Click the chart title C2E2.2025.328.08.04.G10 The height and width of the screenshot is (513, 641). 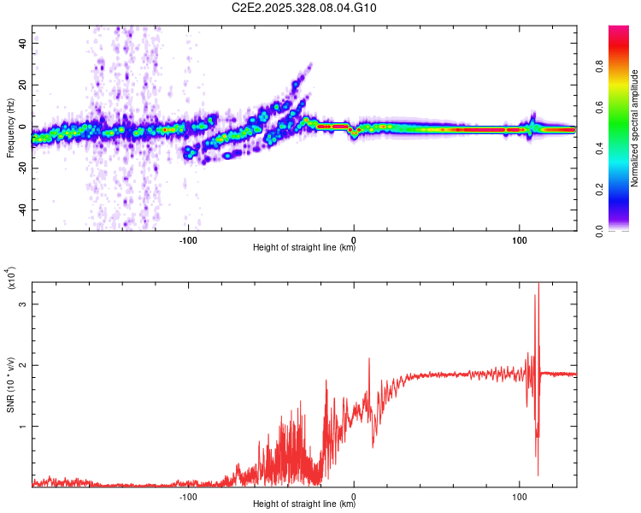pyautogui.click(x=304, y=9)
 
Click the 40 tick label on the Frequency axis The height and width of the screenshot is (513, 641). pyautogui.click(x=23, y=43)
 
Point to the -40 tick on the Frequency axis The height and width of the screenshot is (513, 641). pyautogui.click(x=23, y=210)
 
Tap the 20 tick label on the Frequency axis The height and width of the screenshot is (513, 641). pyautogui.click(x=23, y=85)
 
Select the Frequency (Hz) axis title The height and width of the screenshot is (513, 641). pyautogui.click(x=10, y=128)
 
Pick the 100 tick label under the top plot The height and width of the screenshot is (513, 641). pyautogui.click(x=519, y=239)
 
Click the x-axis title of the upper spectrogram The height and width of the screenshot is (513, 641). pyautogui.click(x=304, y=249)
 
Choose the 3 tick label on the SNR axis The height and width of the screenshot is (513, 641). pyautogui.click(x=23, y=304)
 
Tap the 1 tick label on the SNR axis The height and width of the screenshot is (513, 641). pyautogui.click(x=23, y=426)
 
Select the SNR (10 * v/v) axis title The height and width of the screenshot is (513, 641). pyautogui.click(x=10, y=385)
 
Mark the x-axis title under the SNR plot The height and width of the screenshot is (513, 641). pyautogui.click(x=304, y=505)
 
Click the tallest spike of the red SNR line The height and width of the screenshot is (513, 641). pyautogui.click(x=538, y=285)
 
